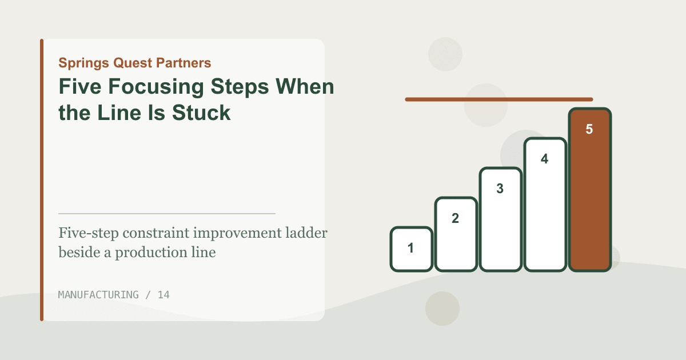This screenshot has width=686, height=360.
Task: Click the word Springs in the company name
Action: (83, 63)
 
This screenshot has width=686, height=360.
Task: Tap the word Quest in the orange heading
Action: (133, 63)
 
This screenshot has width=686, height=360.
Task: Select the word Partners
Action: (184, 63)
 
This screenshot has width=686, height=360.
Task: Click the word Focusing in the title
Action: (156, 87)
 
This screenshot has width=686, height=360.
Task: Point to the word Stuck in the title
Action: (201, 113)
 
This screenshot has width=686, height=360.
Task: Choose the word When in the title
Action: (305, 86)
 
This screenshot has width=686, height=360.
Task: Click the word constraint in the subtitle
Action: (156, 233)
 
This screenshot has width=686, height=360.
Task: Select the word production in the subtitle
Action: (151, 253)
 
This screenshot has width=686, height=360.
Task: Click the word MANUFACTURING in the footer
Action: (98, 295)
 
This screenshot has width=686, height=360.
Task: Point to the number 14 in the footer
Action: (163, 295)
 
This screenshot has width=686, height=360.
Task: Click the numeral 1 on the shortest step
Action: (410, 248)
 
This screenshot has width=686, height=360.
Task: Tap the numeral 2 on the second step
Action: (456, 218)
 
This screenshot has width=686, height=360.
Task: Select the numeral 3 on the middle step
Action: (500, 189)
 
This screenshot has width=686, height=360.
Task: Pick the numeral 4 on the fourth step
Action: (544, 159)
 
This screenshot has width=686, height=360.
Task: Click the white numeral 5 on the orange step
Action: (589, 129)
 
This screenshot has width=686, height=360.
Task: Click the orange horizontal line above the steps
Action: (499, 99)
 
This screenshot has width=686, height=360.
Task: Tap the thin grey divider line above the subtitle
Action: (167, 213)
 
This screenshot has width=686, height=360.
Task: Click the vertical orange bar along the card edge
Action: (42, 180)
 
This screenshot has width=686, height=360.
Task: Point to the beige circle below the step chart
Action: (442, 309)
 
